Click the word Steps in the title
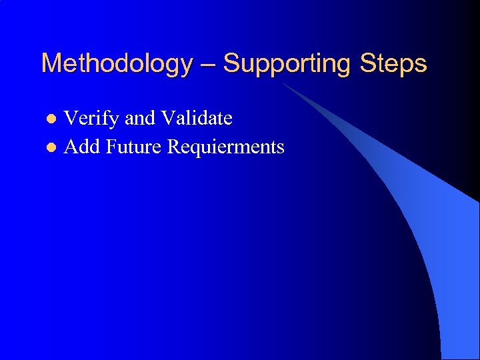point(393,64)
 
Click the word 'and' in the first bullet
point(140,119)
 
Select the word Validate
point(196,119)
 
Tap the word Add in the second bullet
point(81,146)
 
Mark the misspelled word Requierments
point(225,146)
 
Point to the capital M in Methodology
point(51,64)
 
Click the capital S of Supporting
point(231,64)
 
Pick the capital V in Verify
point(70,119)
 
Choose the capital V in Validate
point(167,119)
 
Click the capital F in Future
point(111,146)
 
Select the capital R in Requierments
point(174,146)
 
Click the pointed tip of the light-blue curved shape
point(282,83)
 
